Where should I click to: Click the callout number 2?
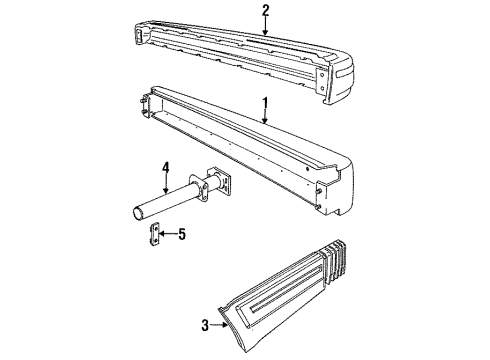coord(266,11)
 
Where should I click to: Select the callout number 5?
coord(181,234)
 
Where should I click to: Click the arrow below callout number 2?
coord(266,27)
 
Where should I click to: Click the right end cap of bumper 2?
coord(338,80)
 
